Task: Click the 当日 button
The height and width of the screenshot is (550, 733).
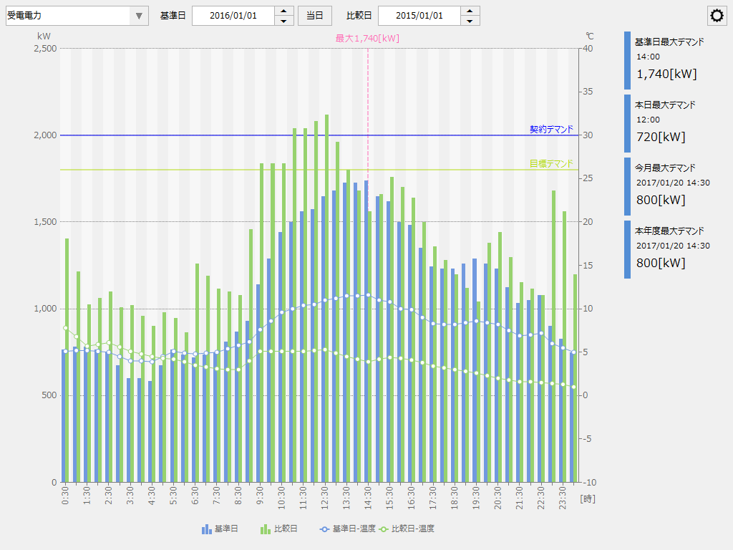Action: (x=315, y=16)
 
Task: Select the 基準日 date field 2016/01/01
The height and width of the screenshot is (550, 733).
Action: (x=233, y=16)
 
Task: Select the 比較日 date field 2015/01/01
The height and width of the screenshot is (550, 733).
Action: (x=419, y=16)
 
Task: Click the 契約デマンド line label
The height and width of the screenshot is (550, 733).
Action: (x=551, y=129)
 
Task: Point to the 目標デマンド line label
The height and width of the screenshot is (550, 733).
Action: (x=551, y=163)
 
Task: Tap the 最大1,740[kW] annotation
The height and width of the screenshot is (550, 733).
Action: (x=367, y=38)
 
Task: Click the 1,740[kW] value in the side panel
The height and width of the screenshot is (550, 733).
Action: (x=666, y=74)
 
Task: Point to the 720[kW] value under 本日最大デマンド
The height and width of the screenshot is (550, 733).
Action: (x=660, y=137)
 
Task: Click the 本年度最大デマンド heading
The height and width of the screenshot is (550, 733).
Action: (x=669, y=231)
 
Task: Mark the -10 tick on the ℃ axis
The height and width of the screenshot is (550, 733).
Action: (x=589, y=482)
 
